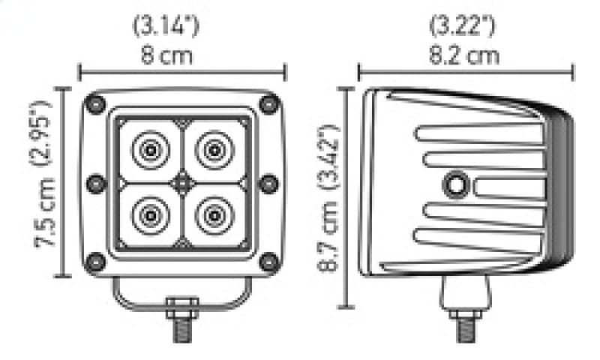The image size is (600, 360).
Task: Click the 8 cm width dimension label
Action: click(x=166, y=55)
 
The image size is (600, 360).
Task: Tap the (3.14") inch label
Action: click(x=166, y=26)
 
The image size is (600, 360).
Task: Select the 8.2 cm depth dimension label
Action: click(x=463, y=55)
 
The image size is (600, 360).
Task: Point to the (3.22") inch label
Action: click(x=462, y=26)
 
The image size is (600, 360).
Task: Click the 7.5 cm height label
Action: click(x=45, y=213)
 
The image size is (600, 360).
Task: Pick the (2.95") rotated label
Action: click(x=40, y=133)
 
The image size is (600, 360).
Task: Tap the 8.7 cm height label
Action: click(x=328, y=237)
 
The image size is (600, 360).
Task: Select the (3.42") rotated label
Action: click(x=328, y=156)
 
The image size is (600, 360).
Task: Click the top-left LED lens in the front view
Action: click(x=151, y=150)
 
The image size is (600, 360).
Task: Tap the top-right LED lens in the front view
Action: click(x=214, y=150)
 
